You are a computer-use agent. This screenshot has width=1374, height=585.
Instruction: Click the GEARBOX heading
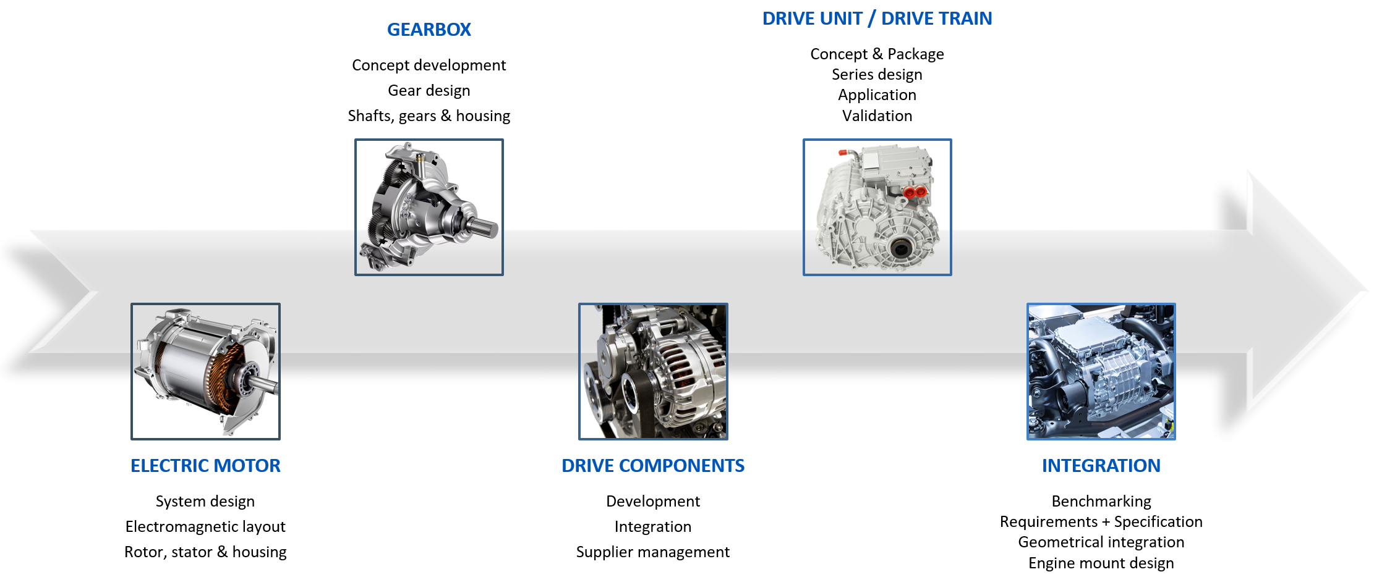429,30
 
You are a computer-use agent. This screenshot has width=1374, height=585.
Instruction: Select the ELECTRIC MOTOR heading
205,466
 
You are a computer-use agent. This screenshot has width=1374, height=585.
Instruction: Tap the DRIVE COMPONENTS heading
653,466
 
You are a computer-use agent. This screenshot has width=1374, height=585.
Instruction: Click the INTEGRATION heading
1101,466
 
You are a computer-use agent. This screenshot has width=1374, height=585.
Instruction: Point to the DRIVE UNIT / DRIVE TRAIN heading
877,19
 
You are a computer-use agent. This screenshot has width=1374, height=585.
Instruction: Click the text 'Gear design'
429,91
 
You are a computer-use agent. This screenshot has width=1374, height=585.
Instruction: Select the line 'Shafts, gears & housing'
429,116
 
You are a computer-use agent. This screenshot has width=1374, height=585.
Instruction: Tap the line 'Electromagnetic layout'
205,526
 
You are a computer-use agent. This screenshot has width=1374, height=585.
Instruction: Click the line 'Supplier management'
653,552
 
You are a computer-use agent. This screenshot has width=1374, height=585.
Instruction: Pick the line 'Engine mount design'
1101,563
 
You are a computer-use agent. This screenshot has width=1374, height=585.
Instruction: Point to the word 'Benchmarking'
1101,501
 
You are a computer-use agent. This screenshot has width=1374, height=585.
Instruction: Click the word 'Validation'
877,116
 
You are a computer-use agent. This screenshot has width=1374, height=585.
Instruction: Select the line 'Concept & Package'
877,54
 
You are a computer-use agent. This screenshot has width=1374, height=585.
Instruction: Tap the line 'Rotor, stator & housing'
205,552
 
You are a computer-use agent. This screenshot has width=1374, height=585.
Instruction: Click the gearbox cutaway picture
429,207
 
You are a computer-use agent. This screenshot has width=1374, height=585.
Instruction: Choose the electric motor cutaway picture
205,371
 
